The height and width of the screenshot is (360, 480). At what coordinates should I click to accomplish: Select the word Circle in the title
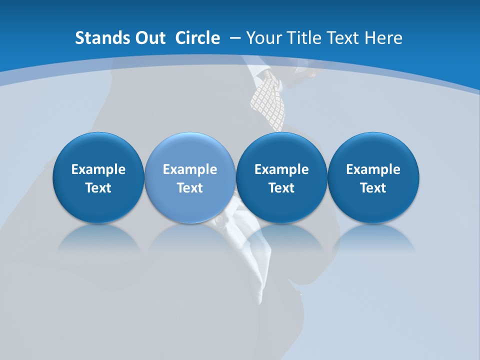point(197,38)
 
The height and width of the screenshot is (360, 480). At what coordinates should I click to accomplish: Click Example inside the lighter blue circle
point(190,169)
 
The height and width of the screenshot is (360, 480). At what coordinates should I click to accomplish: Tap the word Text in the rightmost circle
point(373,188)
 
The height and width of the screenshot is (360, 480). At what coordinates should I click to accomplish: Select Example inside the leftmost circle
point(98,169)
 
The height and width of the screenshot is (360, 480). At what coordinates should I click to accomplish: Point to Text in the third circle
point(281,188)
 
